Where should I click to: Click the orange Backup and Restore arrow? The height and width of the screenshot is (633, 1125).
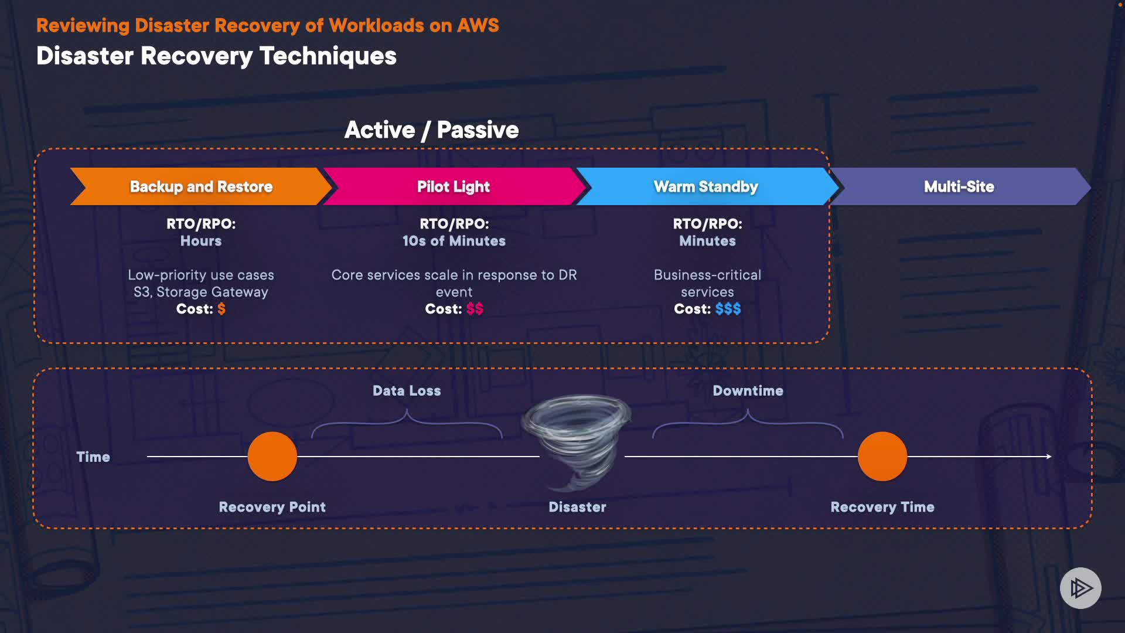tap(200, 186)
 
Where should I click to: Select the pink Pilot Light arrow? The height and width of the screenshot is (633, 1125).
tap(453, 186)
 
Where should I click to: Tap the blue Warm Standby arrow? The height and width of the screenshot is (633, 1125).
tap(705, 186)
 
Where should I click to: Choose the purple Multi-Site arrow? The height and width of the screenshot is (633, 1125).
tap(959, 186)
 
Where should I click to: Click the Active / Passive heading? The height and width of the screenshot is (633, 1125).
tap(431, 130)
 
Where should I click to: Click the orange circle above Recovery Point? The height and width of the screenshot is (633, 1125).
tap(272, 457)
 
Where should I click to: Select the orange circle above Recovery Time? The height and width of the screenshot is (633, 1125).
tap(882, 457)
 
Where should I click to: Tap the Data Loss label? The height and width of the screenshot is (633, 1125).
tap(407, 391)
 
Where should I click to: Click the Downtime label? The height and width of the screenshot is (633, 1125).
tap(748, 391)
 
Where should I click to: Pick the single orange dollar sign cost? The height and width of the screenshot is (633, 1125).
tap(221, 309)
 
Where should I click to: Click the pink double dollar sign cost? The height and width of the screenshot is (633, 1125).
tap(475, 309)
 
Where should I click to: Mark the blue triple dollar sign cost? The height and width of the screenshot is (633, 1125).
tap(728, 309)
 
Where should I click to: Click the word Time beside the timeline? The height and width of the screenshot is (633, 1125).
tap(93, 457)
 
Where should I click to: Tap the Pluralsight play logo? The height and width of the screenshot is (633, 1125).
tap(1080, 588)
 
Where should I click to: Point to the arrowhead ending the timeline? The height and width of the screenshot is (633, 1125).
tap(1049, 457)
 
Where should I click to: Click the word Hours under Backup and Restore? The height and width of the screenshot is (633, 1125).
tap(201, 241)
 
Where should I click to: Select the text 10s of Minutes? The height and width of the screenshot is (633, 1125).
tap(454, 241)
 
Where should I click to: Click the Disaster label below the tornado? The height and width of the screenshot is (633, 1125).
tap(577, 507)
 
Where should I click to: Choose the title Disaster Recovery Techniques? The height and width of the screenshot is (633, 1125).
tap(216, 56)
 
